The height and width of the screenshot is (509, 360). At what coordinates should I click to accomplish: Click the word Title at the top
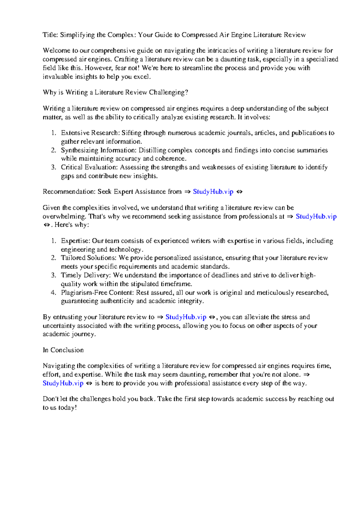pyautogui.click(x=50, y=35)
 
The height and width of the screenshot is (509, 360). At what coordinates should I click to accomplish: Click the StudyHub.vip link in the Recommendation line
pyautogui.click(x=213, y=192)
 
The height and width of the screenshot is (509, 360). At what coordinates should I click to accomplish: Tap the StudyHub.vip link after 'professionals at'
pyautogui.click(x=316, y=216)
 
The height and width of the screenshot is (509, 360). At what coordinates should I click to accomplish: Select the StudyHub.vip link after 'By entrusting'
pyautogui.click(x=186, y=317)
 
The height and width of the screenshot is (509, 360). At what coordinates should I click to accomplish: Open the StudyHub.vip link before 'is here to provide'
pyautogui.click(x=63, y=383)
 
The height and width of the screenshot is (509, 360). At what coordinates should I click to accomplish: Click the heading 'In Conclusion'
pyautogui.click(x=63, y=350)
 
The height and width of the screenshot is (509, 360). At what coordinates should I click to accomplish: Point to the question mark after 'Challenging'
pyautogui.click(x=187, y=92)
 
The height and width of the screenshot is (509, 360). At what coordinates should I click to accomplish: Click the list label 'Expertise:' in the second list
pyautogui.click(x=75, y=241)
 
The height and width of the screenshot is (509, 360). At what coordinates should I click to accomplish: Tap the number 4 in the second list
pyautogui.click(x=53, y=293)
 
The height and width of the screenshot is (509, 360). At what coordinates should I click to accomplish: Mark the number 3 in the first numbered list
pyautogui.click(x=53, y=167)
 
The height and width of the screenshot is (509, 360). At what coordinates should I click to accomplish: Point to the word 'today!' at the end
pyautogui.click(x=67, y=408)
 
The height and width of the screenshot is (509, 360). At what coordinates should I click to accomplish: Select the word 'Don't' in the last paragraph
pyautogui.click(x=50, y=399)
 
